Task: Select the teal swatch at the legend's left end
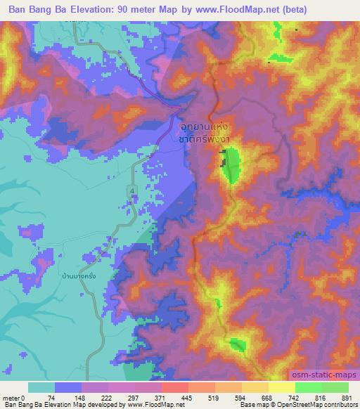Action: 41,387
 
